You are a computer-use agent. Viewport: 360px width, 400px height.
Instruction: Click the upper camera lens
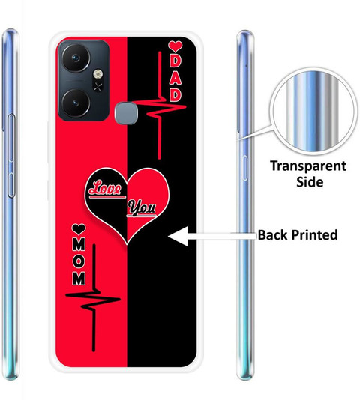click(76, 58)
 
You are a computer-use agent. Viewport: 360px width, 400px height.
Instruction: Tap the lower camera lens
click(76, 103)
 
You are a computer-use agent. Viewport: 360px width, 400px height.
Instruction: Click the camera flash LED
click(97, 74)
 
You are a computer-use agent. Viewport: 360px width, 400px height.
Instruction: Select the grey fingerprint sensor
click(125, 113)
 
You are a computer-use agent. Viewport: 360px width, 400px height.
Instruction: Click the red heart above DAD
click(175, 46)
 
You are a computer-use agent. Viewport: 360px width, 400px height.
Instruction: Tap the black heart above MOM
click(79, 229)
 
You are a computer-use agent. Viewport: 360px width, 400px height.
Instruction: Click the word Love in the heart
click(105, 188)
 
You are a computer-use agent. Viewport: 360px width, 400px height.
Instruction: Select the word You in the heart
click(142, 207)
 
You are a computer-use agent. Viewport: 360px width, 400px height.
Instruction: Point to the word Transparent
click(308, 166)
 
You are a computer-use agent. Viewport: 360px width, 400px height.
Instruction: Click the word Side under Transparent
click(310, 182)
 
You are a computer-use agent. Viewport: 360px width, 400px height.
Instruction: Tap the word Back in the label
click(272, 234)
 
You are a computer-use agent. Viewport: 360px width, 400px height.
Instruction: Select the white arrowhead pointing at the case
click(178, 236)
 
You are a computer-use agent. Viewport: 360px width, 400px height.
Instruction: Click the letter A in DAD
click(175, 79)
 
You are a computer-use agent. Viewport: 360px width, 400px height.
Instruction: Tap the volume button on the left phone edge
click(11, 156)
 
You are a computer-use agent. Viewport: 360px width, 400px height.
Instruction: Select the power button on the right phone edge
click(244, 168)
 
